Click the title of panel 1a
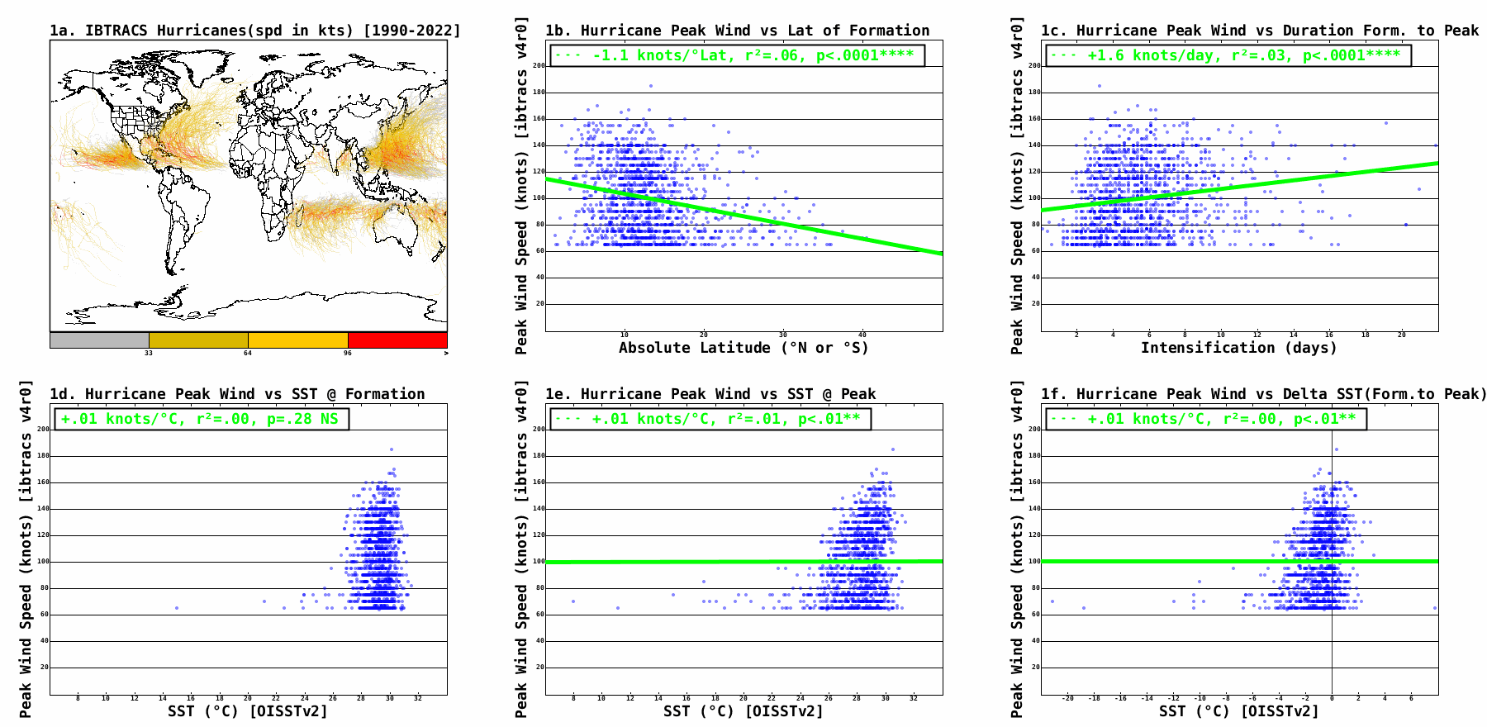pos(254,31)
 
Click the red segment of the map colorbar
pos(397,340)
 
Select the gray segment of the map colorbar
pos(99,340)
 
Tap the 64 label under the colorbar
pos(248,354)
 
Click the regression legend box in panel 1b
pos(736,55)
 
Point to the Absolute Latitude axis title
pos(743,348)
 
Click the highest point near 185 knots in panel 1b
pos(651,86)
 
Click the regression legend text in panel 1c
pos(1229,55)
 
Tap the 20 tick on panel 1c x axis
pos(1401,335)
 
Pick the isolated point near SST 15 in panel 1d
pos(177,608)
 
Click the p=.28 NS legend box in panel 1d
pos(201,419)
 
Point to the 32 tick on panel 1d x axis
pos(418,699)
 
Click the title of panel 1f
pos(1263,394)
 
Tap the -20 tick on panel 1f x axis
pos(1068,699)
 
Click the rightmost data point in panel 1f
pos(1435,608)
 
